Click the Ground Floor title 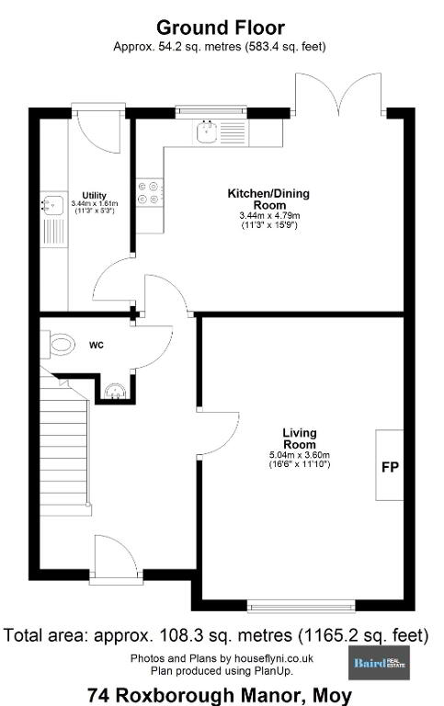(x=221, y=28)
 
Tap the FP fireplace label (x=390, y=467)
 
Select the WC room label (x=97, y=346)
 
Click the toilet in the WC (x=58, y=345)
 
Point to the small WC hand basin (x=117, y=392)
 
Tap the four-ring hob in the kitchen (x=151, y=192)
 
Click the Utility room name (x=94, y=196)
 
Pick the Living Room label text (x=300, y=438)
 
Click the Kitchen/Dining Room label (x=268, y=199)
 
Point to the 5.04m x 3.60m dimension (x=300, y=455)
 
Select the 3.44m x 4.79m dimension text (x=269, y=216)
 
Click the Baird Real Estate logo (x=379, y=663)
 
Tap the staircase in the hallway (x=64, y=440)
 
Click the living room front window (x=302, y=606)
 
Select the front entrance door (x=116, y=558)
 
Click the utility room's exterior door (x=98, y=130)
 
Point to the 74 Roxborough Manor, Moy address (x=220, y=695)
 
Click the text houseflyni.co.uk (x=274, y=658)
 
